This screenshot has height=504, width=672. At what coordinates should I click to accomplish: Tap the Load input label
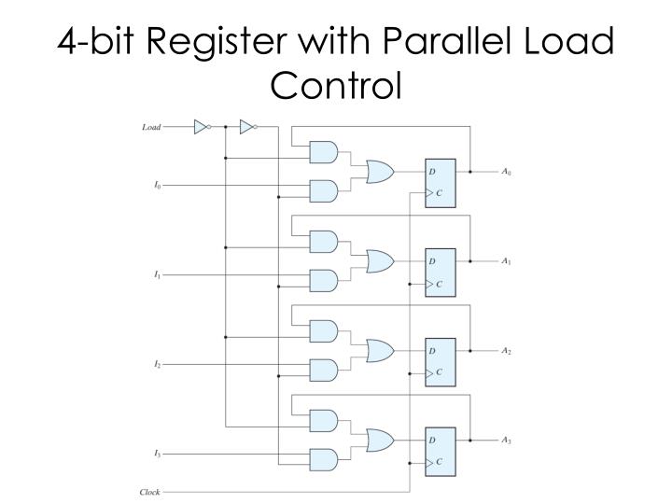150,127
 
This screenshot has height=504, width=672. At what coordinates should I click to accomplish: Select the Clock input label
149,492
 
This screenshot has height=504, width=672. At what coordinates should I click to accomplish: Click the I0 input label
157,186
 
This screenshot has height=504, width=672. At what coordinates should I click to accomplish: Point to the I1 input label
157,275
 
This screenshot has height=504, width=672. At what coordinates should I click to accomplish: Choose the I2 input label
157,364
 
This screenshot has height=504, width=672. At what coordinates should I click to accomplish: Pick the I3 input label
157,454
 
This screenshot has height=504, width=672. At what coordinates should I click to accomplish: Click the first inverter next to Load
202,127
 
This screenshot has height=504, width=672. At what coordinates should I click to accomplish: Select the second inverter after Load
247,127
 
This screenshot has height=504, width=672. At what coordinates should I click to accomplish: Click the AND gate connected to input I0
323,190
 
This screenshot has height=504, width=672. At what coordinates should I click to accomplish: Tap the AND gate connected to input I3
323,458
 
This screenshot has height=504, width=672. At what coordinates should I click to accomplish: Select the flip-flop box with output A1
440,272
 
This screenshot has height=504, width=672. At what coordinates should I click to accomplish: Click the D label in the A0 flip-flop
432,172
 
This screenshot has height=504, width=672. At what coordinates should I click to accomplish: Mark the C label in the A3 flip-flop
438,461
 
